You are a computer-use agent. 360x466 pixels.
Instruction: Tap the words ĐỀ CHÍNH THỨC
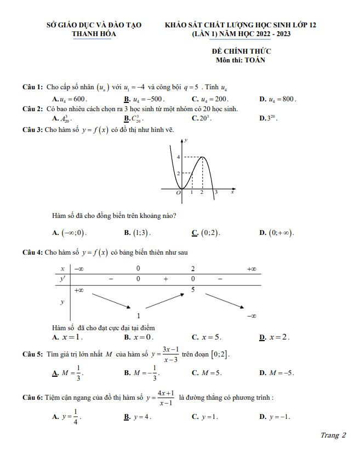point(241,51)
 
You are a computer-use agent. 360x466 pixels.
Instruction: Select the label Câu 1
point(32,88)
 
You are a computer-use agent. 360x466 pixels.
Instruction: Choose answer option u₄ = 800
point(281,99)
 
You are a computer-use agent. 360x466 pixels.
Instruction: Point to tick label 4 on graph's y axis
point(178,157)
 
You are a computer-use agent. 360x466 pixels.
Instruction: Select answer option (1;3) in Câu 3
point(141,233)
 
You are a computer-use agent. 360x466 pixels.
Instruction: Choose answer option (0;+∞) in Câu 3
point(280,233)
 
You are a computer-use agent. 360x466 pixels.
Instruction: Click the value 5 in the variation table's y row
point(193,289)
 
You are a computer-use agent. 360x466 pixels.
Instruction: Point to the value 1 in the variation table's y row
point(138,315)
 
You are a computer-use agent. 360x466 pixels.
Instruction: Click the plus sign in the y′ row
point(165,279)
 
